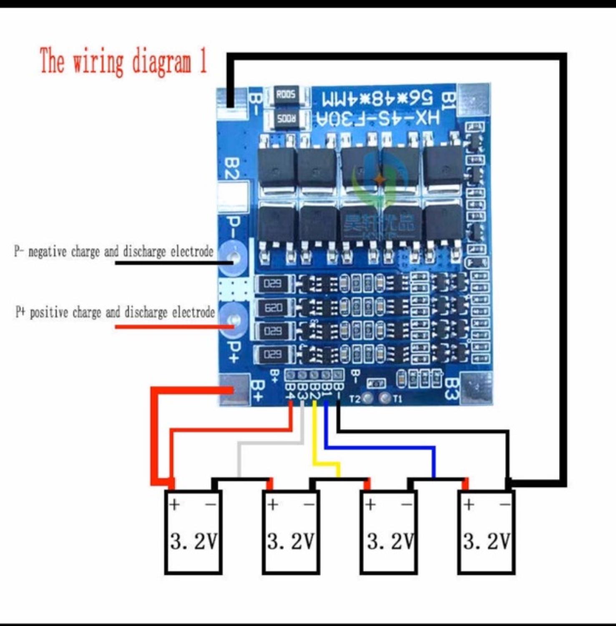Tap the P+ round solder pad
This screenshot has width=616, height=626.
(x=234, y=320)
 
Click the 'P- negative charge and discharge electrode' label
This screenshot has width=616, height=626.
(x=114, y=252)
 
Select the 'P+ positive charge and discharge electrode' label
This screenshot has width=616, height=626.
(x=115, y=312)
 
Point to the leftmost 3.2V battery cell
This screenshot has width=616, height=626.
(x=193, y=533)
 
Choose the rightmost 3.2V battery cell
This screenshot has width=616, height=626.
(x=486, y=533)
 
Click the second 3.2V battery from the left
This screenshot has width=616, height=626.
(x=291, y=533)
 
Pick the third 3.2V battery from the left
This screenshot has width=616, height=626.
(x=389, y=533)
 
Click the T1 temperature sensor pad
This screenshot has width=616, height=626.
(x=385, y=398)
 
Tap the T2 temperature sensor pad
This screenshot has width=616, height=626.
(x=367, y=398)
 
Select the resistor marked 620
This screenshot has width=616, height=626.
(x=273, y=308)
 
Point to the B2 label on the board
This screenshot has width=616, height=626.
(x=231, y=168)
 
